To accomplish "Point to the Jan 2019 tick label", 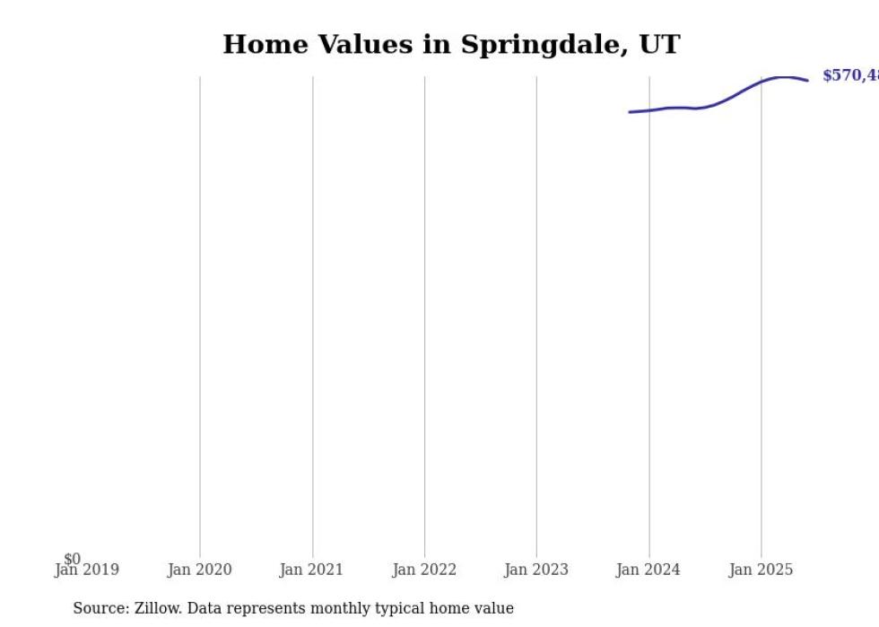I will pyautogui.click(x=86, y=570).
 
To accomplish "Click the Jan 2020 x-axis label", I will pyautogui.click(x=199, y=570).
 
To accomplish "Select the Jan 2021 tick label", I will pyautogui.click(x=311, y=570).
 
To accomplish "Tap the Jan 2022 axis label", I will pyautogui.click(x=424, y=570).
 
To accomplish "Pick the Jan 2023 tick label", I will pyautogui.click(x=536, y=570).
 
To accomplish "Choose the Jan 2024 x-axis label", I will pyautogui.click(x=648, y=570).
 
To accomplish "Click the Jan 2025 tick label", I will pyautogui.click(x=761, y=570).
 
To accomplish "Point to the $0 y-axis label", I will pyautogui.click(x=72, y=559).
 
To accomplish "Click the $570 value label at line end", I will pyautogui.click(x=850, y=76).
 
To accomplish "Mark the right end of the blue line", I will pyautogui.click(x=807, y=81).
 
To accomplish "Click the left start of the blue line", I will pyautogui.click(x=630, y=112).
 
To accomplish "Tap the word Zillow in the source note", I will pyautogui.click(x=157, y=608).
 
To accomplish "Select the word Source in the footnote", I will pyautogui.click(x=100, y=608).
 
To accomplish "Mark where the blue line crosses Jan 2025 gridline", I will pyautogui.click(x=762, y=82).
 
